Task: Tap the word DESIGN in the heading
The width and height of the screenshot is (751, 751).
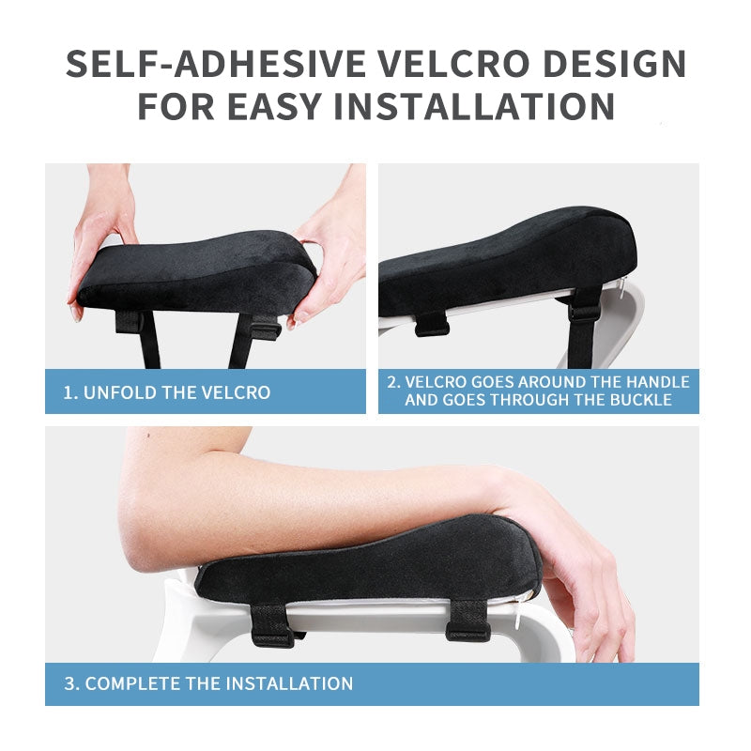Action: point(615,63)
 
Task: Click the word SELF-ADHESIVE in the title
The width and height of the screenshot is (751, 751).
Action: point(215,63)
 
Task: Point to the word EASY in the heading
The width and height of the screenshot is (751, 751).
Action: point(273,106)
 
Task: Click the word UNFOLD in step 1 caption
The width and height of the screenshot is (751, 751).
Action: point(120,392)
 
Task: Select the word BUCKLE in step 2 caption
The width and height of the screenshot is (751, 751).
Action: point(641,400)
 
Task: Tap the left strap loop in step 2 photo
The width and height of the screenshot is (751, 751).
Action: point(431,324)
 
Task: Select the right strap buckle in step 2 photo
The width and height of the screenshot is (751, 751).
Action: point(584,312)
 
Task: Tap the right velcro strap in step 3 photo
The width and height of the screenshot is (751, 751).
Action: point(467,621)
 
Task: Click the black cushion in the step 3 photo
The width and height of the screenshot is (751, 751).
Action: point(369,562)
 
